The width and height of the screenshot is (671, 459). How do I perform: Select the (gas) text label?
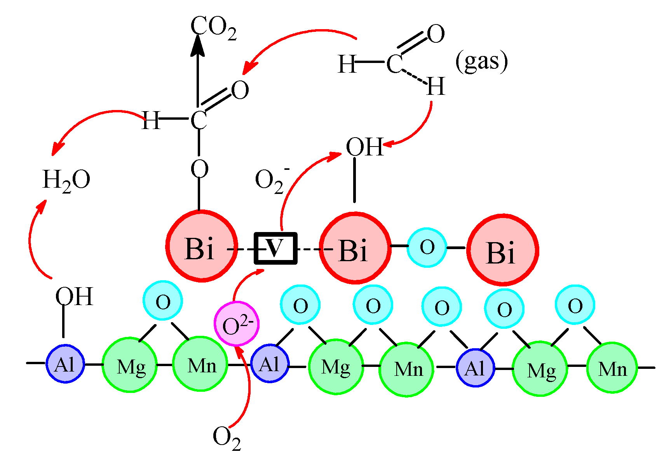pyautogui.click(x=481, y=62)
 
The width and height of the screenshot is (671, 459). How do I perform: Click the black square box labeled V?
pyautogui.click(x=275, y=248)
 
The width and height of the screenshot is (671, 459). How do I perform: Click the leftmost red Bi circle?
pyautogui.click(x=201, y=246)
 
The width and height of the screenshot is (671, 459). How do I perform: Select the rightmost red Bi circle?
pyautogui.click(x=502, y=250)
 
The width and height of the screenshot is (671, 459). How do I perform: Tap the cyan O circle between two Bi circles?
pyautogui.click(x=427, y=248)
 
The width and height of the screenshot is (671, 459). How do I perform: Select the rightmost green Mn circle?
pyautogui.click(x=612, y=368)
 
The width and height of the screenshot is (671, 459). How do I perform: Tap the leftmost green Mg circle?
pyautogui.click(x=130, y=365)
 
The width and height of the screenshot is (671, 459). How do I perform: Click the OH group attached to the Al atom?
pyautogui.click(x=74, y=297)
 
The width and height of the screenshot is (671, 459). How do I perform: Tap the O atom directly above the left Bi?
pyautogui.click(x=199, y=169)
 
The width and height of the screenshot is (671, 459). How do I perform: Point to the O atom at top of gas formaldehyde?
pyautogui.click(x=436, y=34)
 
